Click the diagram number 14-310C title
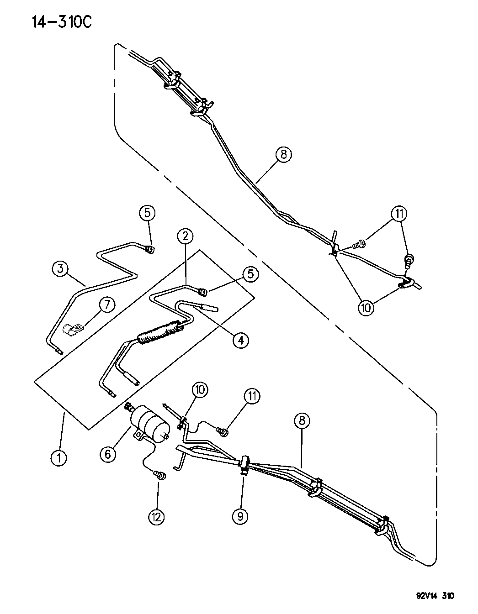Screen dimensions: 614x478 [62, 21]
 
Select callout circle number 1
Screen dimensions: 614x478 [58, 457]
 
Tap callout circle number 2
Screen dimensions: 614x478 [185, 236]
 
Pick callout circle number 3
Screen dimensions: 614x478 [60, 268]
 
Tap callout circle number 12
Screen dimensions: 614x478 [157, 517]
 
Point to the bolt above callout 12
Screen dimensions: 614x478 [161, 476]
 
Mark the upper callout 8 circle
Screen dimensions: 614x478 [283, 155]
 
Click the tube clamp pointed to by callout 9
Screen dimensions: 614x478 [243, 465]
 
